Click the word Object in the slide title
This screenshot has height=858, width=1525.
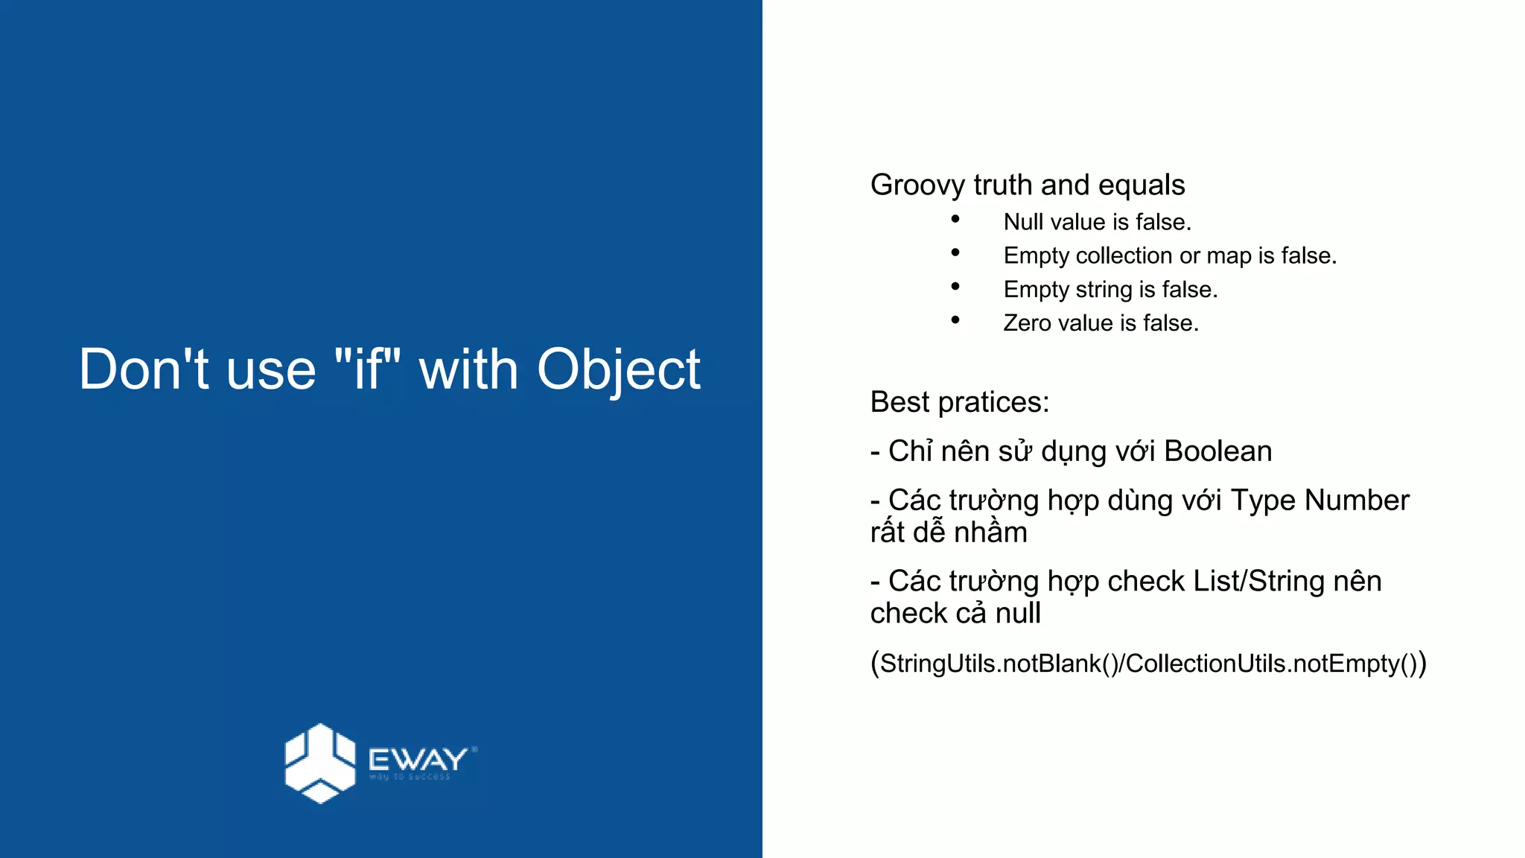point(618,370)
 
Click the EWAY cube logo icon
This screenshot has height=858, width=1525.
point(319,763)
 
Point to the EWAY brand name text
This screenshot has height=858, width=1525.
point(418,760)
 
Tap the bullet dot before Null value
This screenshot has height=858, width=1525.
point(955,220)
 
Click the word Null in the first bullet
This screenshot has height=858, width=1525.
point(1023,222)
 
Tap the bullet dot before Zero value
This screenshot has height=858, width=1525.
point(955,320)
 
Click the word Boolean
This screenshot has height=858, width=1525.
point(1217,451)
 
